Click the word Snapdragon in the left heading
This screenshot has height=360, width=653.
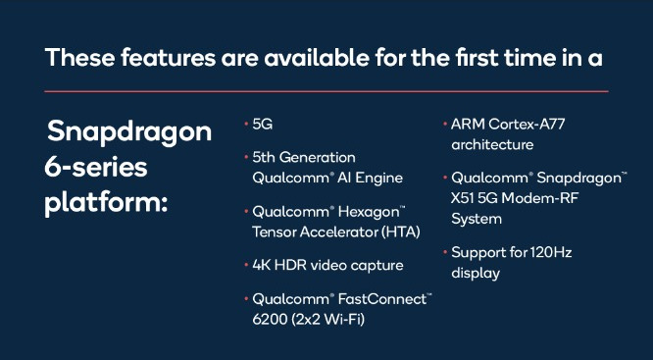pyautogui.click(x=128, y=131)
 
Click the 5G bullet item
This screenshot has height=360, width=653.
pyautogui.click(x=263, y=125)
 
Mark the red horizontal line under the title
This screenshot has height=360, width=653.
pyautogui.click(x=326, y=90)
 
